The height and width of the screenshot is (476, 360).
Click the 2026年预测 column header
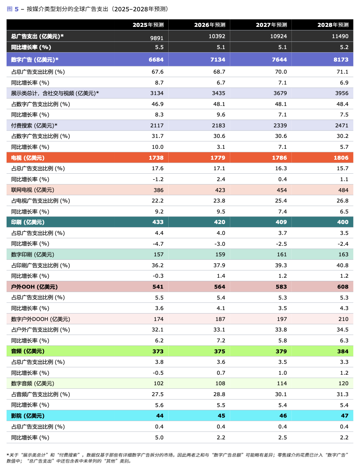click(210, 25)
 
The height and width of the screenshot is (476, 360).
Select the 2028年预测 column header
click(332, 25)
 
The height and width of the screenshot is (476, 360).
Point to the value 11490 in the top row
click(340, 36)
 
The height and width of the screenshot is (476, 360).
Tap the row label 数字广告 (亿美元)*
click(35, 60)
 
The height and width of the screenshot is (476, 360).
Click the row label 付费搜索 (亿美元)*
click(34, 125)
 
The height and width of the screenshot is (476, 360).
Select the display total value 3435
click(218, 93)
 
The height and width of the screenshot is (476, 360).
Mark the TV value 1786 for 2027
click(279, 158)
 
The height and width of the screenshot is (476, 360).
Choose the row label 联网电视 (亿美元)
click(32, 190)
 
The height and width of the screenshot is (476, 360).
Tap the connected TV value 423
click(220, 190)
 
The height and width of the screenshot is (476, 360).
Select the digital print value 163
click(343, 254)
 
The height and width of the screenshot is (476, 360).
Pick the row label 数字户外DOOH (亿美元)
click(41, 319)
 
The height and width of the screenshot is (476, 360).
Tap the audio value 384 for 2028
click(342, 351)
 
